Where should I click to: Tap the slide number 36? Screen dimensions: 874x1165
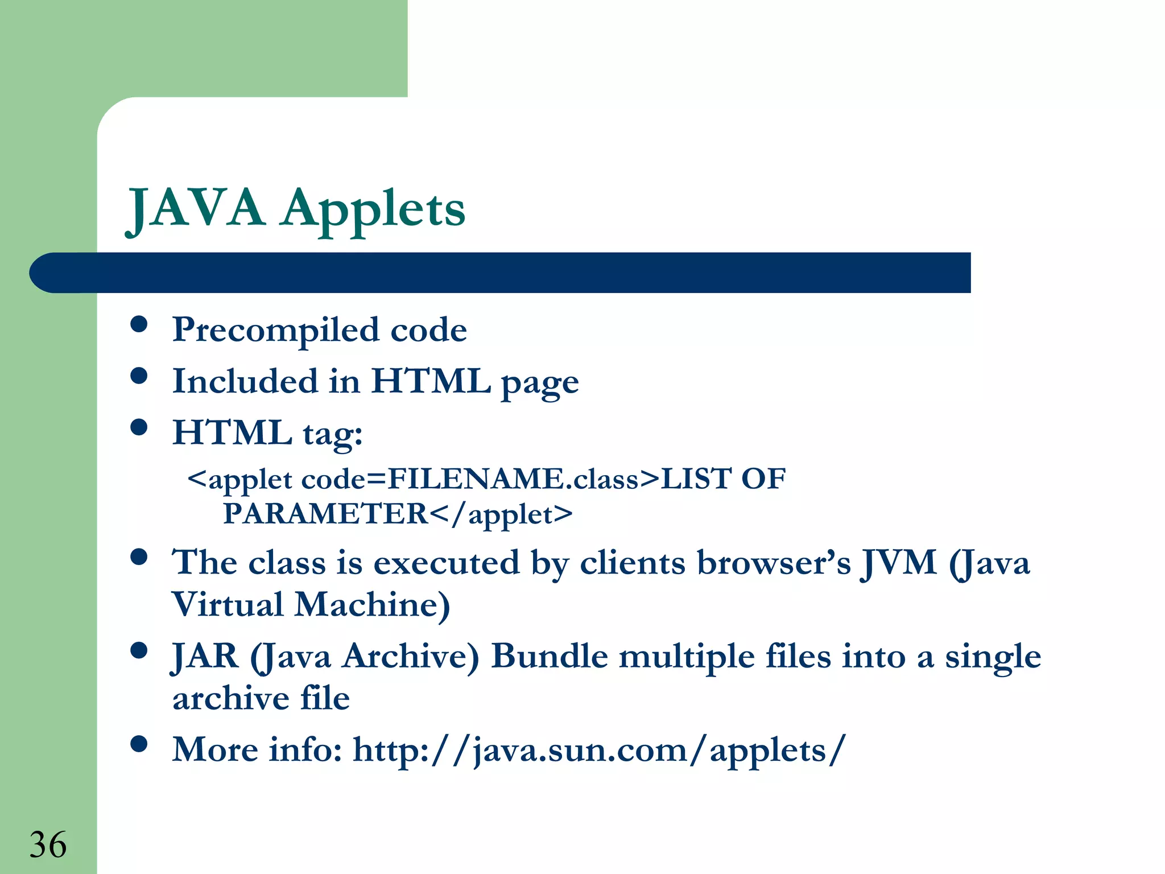tap(48, 844)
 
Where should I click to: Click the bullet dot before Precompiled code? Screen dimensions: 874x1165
tap(139, 325)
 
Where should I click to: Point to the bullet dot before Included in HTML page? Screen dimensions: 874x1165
tap(139, 376)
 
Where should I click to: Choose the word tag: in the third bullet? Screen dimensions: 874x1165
tap(333, 434)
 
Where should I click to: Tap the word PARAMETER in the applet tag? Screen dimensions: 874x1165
tap(325, 514)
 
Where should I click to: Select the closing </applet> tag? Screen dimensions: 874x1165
tap(501, 514)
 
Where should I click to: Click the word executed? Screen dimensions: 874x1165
tap(447, 563)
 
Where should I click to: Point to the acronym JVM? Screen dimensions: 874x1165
tap(899, 563)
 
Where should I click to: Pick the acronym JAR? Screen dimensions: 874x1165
tap(205, 656)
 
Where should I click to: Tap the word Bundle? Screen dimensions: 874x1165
tap(550, 656)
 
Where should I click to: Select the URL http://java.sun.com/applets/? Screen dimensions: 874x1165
tap(600, 750)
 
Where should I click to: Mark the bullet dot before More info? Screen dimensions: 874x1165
tap(139, 744)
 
